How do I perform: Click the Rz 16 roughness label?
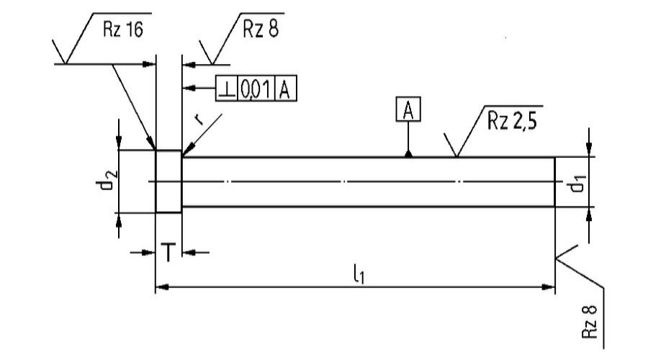pyautogui.click(x=122, y=30)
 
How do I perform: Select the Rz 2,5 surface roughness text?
pyautogui.click(x=512, y=121)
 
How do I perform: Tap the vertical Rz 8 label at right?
pyautogui.click(x=589, y=322)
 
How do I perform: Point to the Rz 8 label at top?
pyautogui.click(x=261, y=29)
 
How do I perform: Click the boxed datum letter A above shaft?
pyautogui.click(x=408, y=109)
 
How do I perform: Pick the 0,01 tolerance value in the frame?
pyautogui.click(x=256, y=89)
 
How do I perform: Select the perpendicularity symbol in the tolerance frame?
pyautogui.click(x=227, y=89)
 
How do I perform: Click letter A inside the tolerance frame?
pyautogui.click(x=284, y=89)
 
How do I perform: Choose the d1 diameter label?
pyautogui.click(x=577, y=184)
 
